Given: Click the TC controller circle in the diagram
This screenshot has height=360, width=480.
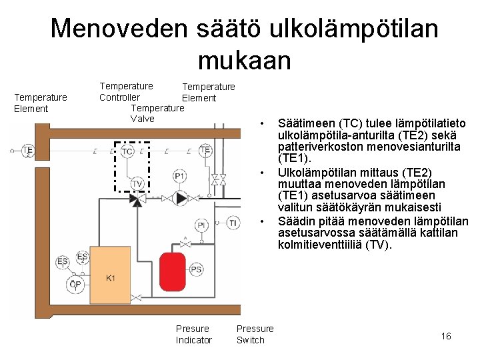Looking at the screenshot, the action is tap(127, 152).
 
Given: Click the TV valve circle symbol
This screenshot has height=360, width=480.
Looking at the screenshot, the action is tap(137, 183).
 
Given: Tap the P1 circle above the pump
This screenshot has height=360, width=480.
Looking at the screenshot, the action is tap(180, 175).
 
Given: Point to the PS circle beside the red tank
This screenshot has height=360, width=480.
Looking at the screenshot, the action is tap(196, 269).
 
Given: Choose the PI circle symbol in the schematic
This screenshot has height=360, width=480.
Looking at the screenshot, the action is tap(201, 226).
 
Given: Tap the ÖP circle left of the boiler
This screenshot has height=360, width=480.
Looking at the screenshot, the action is tap(75, 285).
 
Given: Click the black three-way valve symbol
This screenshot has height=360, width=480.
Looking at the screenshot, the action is tap(137, 199).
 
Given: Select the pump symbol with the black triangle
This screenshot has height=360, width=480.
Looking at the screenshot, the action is tap(180, 198).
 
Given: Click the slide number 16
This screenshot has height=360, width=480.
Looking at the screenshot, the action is tap(446, 336).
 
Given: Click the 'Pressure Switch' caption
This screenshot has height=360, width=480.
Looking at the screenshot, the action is tap(255, 334).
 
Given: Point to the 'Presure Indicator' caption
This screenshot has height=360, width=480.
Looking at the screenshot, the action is tap(193, 334).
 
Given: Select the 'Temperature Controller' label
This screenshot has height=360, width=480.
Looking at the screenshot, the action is tap(126, 91).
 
